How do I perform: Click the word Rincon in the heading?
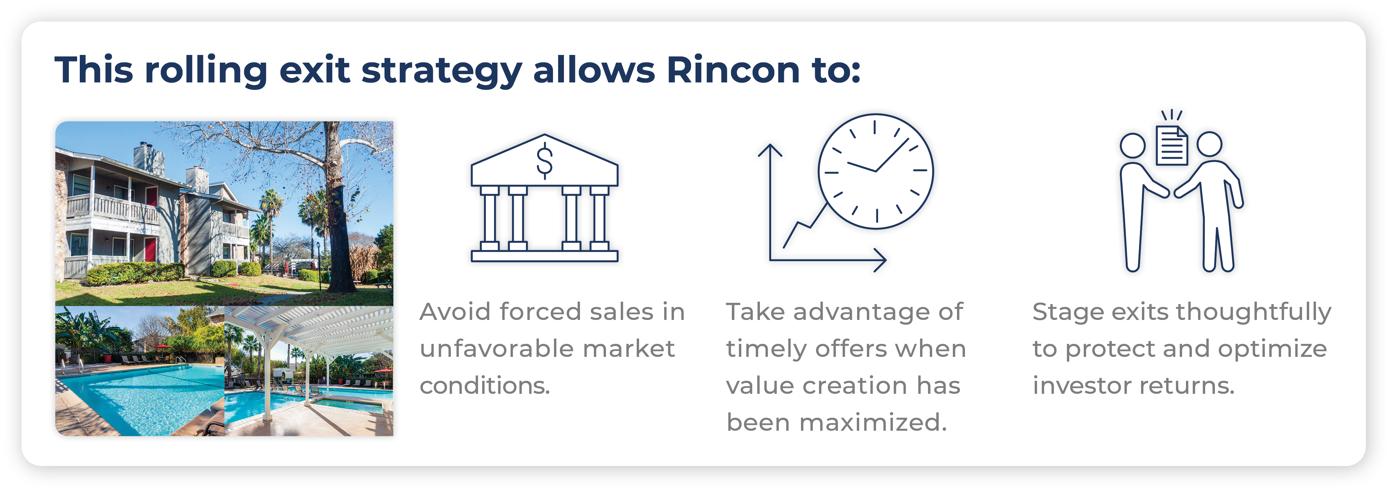[x=733, y=70]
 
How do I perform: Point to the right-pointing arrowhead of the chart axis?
[x=881, y=260]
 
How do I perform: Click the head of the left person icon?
[x=1132, y=145]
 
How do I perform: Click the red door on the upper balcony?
[x=151, y=196]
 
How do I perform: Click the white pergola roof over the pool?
[x=324, y=329]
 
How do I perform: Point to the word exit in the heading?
[x=314, y=70]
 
